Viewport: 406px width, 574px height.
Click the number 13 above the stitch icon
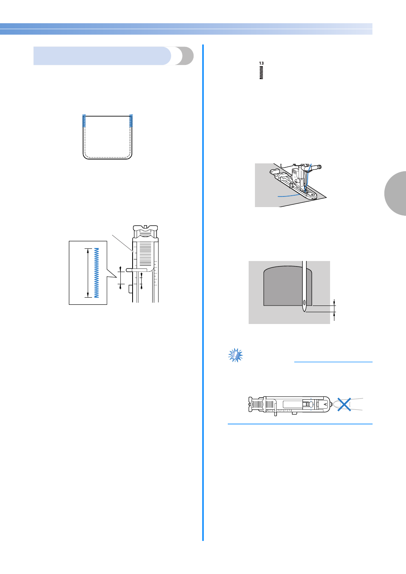tap(261, 63)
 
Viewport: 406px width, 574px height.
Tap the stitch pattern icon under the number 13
tap(261, 73)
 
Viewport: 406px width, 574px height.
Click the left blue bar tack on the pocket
tap(84, 121)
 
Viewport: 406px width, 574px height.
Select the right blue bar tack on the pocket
tap(131, 121)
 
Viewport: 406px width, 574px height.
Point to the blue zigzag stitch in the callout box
tap(96, 273)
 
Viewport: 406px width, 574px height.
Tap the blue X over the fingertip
tap(344, 405)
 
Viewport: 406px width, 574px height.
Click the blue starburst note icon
tap(236, 355)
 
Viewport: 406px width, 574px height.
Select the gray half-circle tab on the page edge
tap(396, 193)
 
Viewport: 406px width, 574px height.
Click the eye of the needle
tap(304, 303)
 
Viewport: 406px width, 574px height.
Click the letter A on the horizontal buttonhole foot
tap(325, 404)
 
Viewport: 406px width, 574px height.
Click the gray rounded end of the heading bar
tap(185, 56)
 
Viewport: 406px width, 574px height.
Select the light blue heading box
tap(102, 56)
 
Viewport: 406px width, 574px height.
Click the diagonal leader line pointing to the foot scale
tap(122, 243)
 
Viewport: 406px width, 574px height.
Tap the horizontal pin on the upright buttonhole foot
tap(136, 270)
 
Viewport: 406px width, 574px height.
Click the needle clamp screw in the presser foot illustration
tap(319, 167)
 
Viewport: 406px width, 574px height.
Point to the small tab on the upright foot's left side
tap(129, 289)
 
